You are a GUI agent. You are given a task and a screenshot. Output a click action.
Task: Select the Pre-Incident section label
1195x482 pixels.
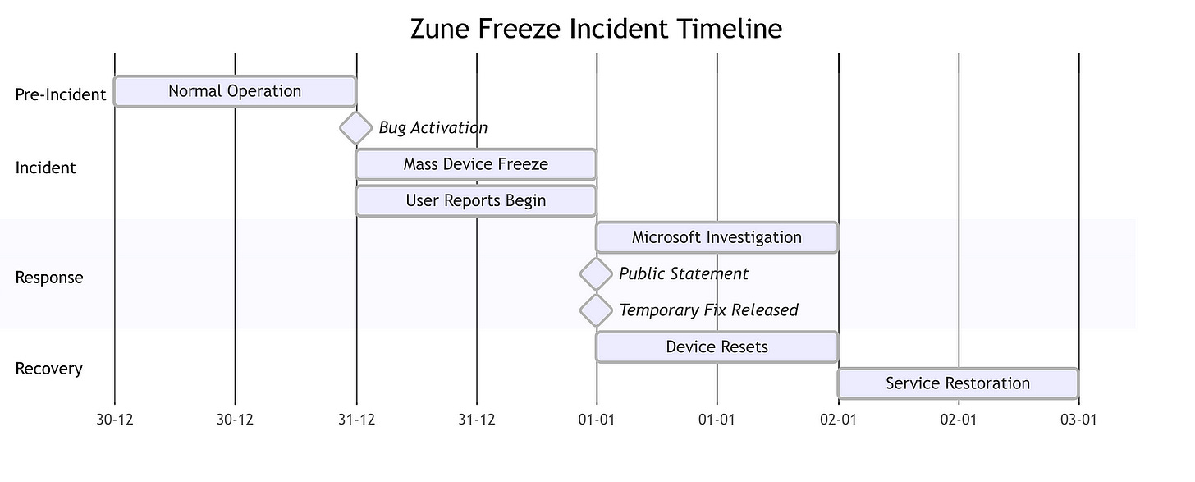pyautogui.click(x=61, y=94)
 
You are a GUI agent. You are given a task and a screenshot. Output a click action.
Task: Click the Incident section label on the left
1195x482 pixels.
pyautogui.click(x=45, y=168)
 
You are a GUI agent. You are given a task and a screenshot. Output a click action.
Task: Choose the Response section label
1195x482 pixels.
pyautogui.click(x=49, y=278)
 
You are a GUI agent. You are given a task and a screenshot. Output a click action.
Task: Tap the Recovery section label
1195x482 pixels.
pyautogui.click(x=49, y=369)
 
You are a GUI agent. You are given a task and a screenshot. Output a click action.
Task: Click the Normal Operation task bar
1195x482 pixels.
pyautogui.click(x=235, y=91)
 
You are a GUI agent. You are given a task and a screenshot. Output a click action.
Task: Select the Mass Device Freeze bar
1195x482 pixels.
pyautogui.click(x=476, y=164)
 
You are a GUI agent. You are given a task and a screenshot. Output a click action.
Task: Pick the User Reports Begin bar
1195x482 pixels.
pyautogui.click(x=476, y=200)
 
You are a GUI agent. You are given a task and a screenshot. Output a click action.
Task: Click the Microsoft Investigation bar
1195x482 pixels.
pyautogui.click(x=717, y=237)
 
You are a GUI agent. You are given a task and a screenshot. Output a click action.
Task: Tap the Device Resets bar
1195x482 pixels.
pyautogui.click(x=717, y=347)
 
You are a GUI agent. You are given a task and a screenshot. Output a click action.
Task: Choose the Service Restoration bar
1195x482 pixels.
pyautogui.click(x=958, y=383)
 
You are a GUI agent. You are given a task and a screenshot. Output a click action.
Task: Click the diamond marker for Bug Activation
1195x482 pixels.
pyautogui.click(x=356, y=128)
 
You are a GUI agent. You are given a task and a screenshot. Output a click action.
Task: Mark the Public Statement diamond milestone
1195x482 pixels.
pyautogui.click(x=597, y=274)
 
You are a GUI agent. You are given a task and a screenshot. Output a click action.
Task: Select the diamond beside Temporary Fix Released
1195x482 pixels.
pyautogui.click(x=597, y=310)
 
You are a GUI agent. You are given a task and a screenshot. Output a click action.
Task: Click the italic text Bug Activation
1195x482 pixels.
pyautogui.click(x=433, y=128)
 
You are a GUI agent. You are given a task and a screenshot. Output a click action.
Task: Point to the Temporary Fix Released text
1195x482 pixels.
pyautogui.click(x=708, y=310)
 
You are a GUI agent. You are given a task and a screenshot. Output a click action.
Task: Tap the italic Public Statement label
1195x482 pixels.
pyautogui.click(x=684, y=274)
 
